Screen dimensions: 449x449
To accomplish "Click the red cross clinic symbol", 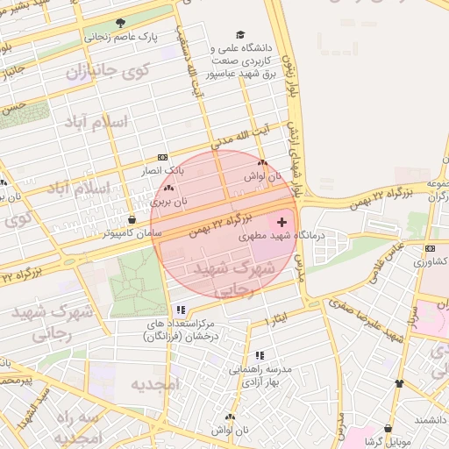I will (x=281, y=224).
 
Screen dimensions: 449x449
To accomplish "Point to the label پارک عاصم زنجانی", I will (x=119, y=38).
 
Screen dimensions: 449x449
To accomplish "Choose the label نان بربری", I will (x=169, y=201).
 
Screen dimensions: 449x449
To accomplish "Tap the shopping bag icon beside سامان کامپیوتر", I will (x=132, y=219).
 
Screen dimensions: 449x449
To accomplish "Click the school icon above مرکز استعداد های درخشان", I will (x=181, y=310).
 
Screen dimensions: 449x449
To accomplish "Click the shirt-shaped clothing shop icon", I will (x=400, y=383).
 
